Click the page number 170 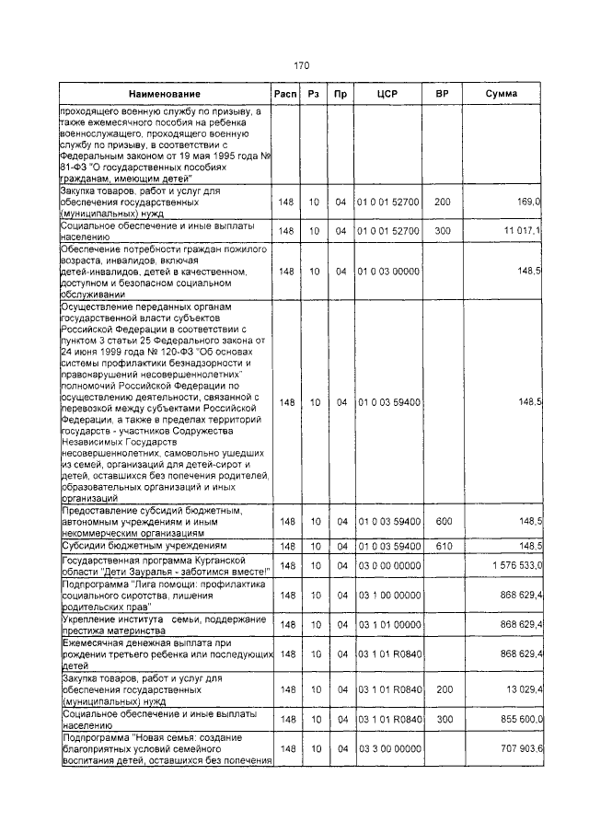tap(301, 65)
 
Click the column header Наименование tap(165, 95)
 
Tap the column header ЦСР tap(387, 94)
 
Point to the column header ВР tap(442, 94)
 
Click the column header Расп tap(285, 94)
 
